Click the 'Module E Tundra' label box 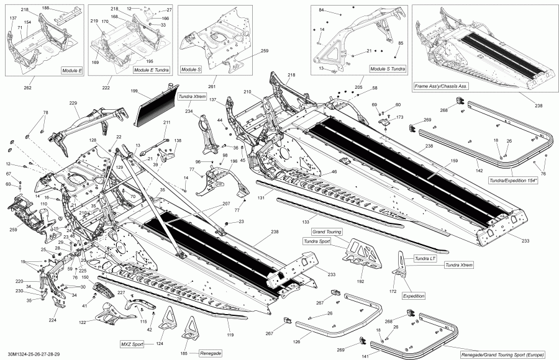(151, 70)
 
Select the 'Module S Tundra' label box (388, 70)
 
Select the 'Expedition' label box (414, 296)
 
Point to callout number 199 (134, 91)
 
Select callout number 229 (73, 103)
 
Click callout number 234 (189, 111)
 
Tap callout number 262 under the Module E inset (27, 88)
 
